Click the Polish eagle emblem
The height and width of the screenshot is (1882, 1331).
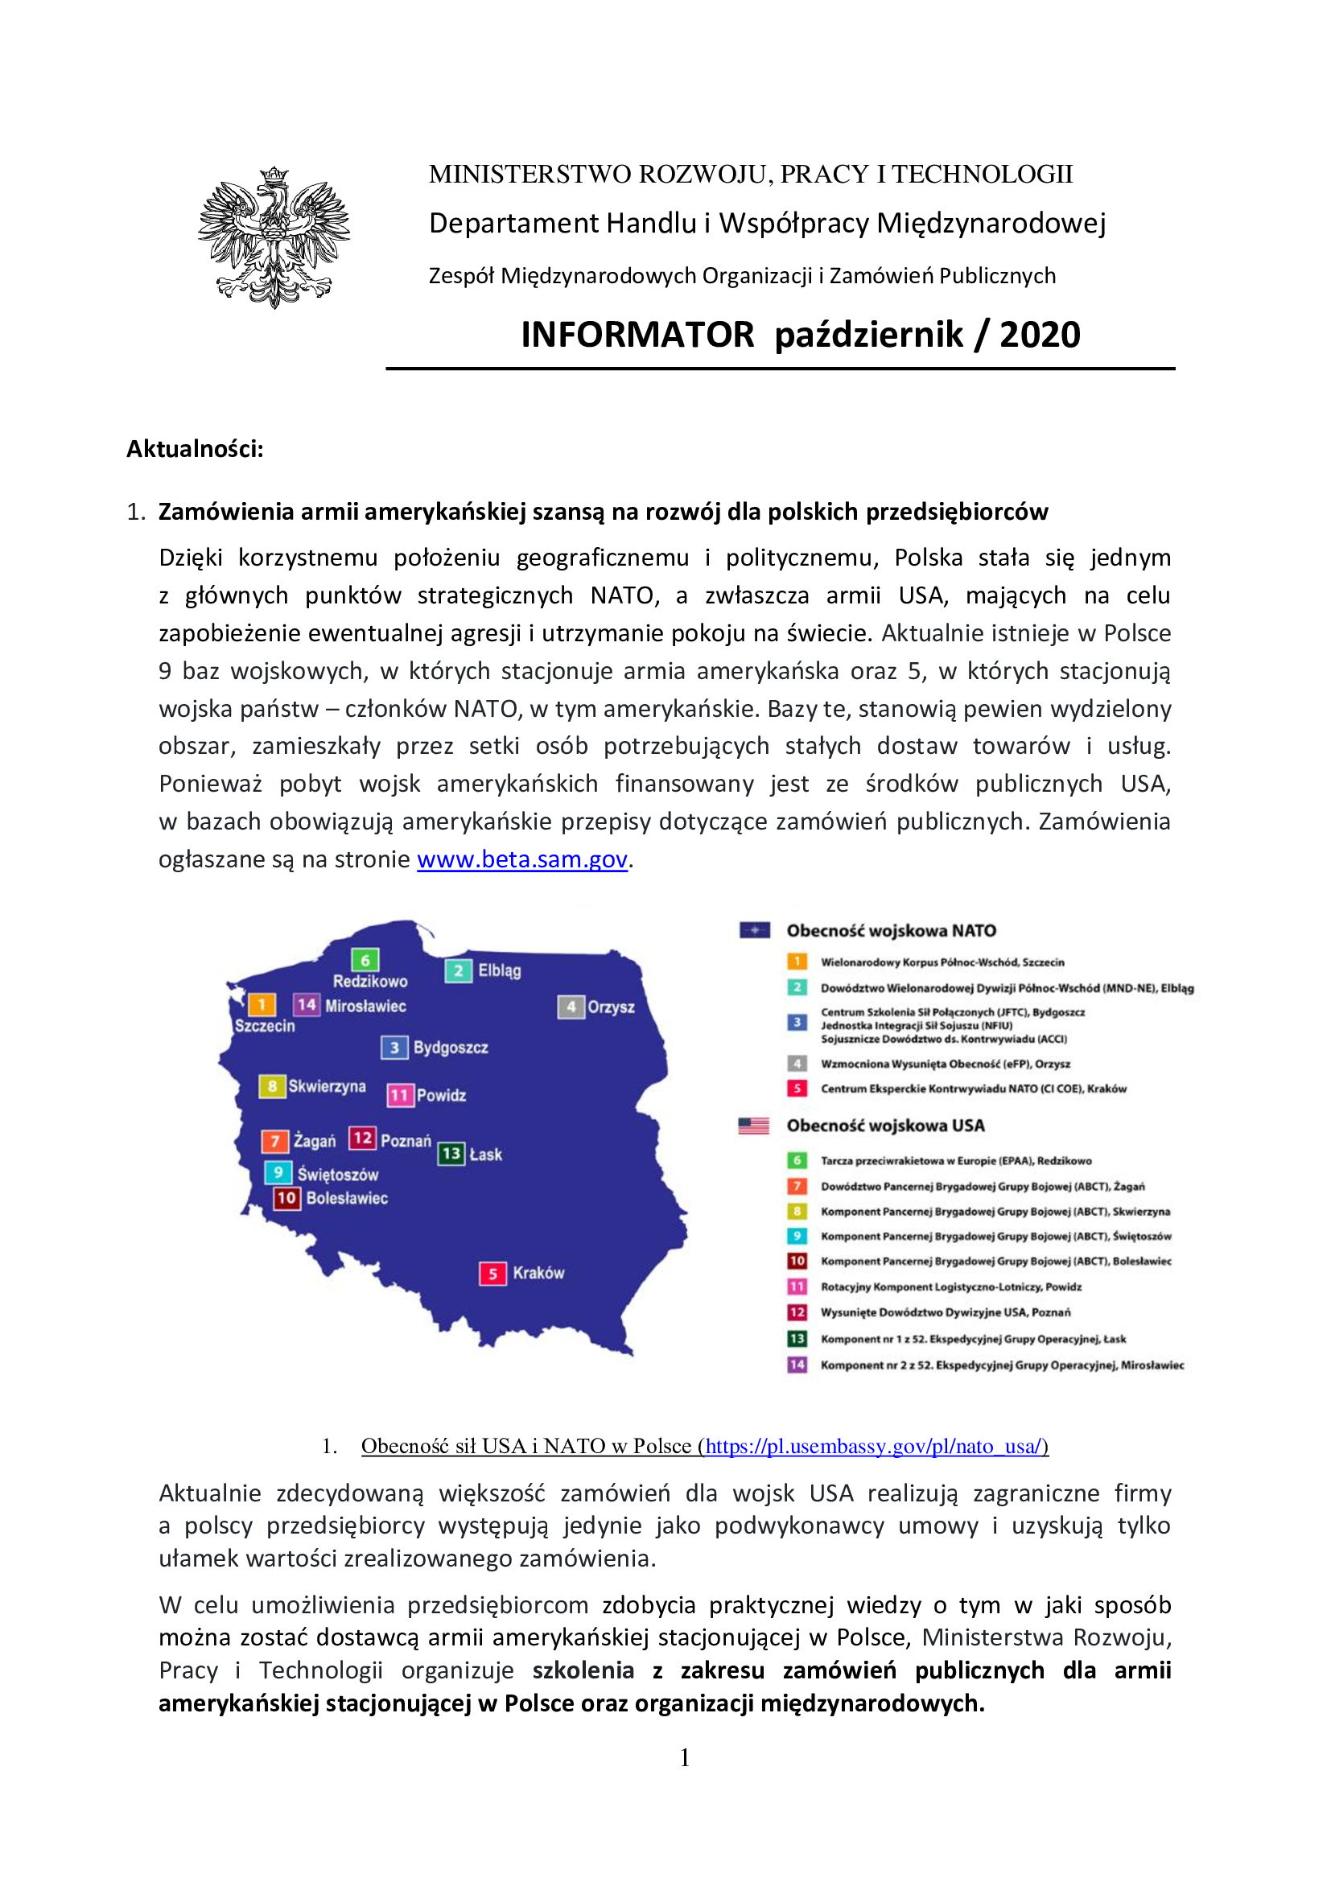pos(274,237)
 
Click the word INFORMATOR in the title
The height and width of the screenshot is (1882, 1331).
pos(637,335)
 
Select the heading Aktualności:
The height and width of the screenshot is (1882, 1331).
pos(195,448)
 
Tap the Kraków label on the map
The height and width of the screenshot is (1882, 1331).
pos(538,1273)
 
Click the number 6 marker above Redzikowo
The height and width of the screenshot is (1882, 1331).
pos(365,960)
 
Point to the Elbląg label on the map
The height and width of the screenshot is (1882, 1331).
pos(499,970)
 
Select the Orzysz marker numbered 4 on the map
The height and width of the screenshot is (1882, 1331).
pos(571,1007)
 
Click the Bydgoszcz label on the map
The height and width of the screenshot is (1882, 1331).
pos(450,1048)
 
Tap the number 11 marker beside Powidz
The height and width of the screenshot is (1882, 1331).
pos(399,1095)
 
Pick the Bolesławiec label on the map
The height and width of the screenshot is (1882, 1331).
pos(347,1198)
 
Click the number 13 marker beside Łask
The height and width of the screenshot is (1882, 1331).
pos(451,1154)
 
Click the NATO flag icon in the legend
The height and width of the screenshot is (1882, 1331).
pos(754,930)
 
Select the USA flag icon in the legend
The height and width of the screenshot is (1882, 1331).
pos(753,1126)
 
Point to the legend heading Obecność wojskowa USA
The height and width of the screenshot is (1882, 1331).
pos(885,1126)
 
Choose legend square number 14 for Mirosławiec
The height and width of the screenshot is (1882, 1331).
pos(797,1365)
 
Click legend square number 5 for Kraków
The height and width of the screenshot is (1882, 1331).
pos(797,1089)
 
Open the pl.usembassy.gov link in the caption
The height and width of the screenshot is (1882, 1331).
pos(875,1446)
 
